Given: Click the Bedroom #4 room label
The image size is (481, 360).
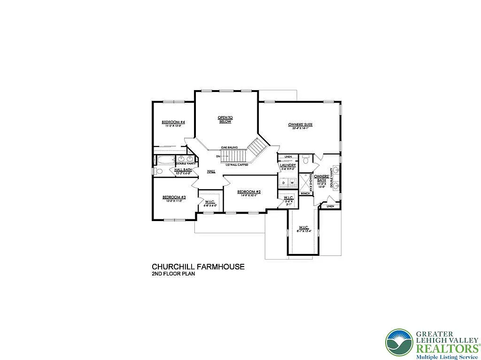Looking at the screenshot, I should [x=174, y=122].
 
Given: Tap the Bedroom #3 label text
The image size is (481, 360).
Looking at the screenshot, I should [x=174, y=197].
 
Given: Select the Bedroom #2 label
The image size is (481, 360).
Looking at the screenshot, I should [x=249, y=191].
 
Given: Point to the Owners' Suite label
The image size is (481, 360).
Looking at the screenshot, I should [x=301, y=124].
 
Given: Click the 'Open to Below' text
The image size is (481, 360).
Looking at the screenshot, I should [x=225, y=119].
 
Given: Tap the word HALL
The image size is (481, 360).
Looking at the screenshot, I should [x=211, y=171].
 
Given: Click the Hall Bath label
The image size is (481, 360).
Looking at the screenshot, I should [x=183, y=169].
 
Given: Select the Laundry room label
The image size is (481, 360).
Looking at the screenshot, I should [x=287, y=165].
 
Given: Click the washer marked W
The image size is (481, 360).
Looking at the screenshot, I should [x=292, y=182].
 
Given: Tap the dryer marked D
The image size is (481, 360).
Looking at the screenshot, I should [x=283, y=182].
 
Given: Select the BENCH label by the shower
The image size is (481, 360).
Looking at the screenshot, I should [x=305, y=193].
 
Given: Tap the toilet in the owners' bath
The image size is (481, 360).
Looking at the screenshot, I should [x=306, y=161].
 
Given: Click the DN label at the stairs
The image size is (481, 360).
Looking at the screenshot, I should [x=218, y=156].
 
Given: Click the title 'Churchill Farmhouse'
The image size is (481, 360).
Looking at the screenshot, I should [x=198, y=267].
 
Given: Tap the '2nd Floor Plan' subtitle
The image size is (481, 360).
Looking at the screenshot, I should [x=173, y=274].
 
